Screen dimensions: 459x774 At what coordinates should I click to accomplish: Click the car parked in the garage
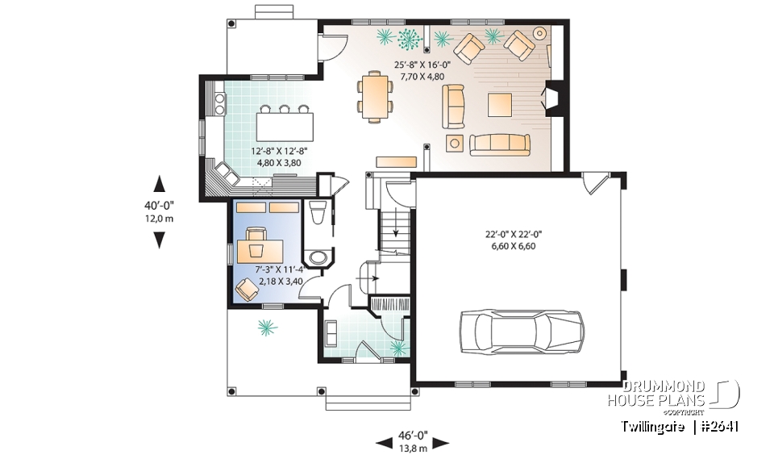[521, 332]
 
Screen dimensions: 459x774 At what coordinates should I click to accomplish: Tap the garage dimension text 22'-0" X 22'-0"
[514, 234]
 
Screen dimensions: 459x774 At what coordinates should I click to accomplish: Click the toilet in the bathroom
[318, 215]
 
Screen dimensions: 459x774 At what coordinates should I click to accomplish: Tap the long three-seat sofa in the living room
[500, 144]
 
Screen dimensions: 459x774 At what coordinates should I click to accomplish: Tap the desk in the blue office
[260, 248]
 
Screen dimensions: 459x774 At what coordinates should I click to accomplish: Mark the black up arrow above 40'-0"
[160, 183]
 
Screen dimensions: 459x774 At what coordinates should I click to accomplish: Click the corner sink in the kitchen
[223, 172]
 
